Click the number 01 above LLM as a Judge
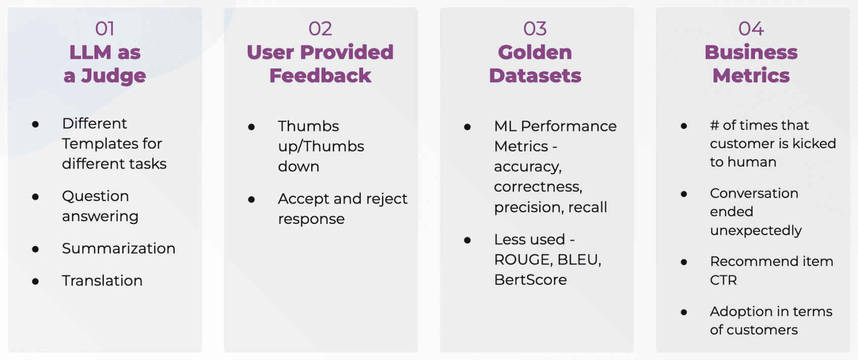105,29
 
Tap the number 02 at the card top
320,29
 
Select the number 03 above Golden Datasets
535,29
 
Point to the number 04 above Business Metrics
751,29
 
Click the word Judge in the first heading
113,76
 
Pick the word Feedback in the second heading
320,76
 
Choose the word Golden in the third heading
535,52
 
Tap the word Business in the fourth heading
751,52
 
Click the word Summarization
119,249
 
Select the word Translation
102,281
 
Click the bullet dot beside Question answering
36,197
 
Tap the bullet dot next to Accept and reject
251,200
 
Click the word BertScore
531,280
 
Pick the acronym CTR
723,280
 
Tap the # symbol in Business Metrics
714,125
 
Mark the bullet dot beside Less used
467,241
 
